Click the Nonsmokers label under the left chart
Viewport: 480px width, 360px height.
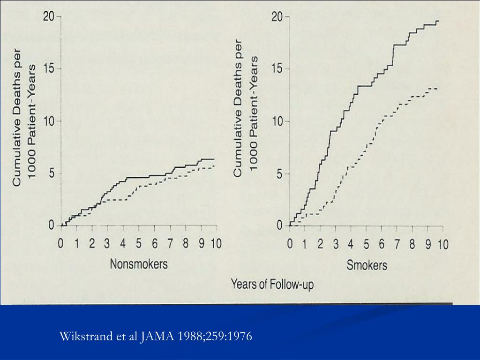(x=138, y=264)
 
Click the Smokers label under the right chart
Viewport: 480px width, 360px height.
(x=367, y=265)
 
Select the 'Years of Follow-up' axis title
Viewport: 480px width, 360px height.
(x=272, y=284)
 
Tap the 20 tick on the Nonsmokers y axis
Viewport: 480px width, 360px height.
(x=50, y=17)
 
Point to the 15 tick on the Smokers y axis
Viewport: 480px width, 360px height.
(x=278, y=69)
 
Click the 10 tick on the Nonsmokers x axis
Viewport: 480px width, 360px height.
(x=216, y=244)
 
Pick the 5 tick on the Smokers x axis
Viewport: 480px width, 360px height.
(x=367, y=244)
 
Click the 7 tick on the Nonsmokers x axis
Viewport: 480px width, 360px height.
(x=170, y=244)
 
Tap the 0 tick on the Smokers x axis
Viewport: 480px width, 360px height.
(x=290, y=244)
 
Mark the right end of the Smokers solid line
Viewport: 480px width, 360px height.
(x=438, y=21)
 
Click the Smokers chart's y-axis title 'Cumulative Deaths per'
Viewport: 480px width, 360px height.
(x=238, y=108)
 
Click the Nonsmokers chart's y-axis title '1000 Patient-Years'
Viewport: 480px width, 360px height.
(x=32, y=122)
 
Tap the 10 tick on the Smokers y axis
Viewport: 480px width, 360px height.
(x=278, y=121)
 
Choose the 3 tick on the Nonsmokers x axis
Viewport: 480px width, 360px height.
(x=107, y=244)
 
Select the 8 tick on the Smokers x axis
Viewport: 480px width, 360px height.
(x=412, y=244)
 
